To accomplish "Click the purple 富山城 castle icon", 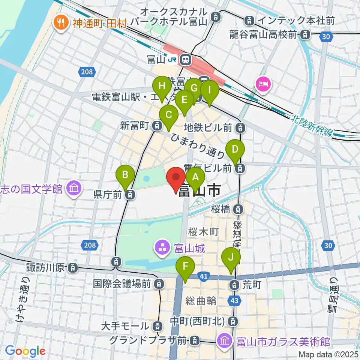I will [x=162, y=247].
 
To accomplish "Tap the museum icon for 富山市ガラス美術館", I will [x=225, y=341].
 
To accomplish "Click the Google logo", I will [x=25, y=351].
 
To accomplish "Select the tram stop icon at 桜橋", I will [x=238, y=209].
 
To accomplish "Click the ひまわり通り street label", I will [x=198, y=146].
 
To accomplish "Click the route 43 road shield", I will [x=234, y=301].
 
